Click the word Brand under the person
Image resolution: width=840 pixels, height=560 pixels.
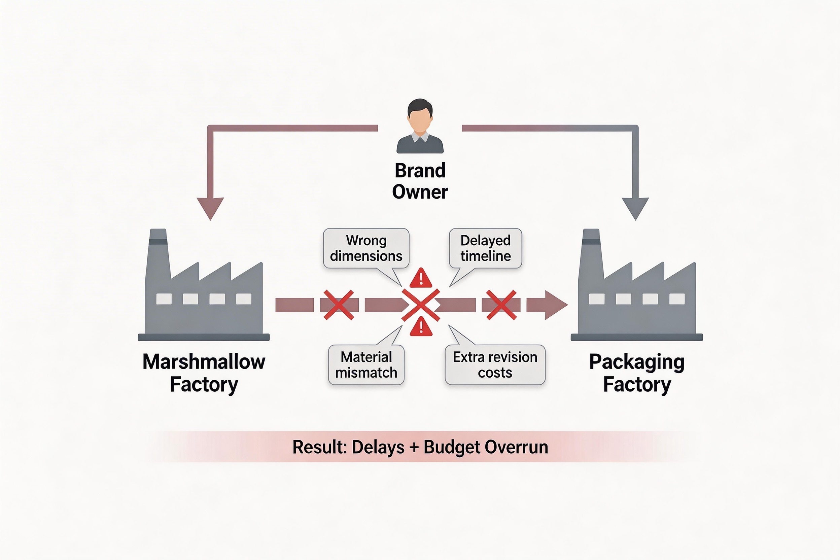(x=420, y=171)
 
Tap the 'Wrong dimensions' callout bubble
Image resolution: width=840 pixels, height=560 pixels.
(x=366, y=248)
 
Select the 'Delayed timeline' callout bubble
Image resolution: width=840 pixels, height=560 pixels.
(x=485, y=248)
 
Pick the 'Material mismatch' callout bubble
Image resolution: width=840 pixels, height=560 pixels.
(x=366, y=365)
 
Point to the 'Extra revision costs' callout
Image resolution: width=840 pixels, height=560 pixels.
(x=495, y=365)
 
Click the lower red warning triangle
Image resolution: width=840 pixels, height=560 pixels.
(x=421, y=327)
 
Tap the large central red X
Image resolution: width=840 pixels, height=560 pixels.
(x=420, y=305)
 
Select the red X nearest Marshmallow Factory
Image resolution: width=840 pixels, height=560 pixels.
(x=339, y=305)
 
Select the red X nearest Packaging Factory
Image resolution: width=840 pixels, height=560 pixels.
(x=501, y=305)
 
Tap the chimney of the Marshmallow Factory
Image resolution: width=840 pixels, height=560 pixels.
(x=158, y=250)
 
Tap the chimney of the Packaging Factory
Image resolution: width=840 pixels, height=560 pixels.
(x=591, y=250)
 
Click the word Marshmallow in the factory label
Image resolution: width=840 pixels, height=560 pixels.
(x=204, y=362)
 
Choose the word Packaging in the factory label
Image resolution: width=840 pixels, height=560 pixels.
(x=637, y=362)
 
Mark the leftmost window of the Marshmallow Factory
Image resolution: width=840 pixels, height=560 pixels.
(x=164, y=299)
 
